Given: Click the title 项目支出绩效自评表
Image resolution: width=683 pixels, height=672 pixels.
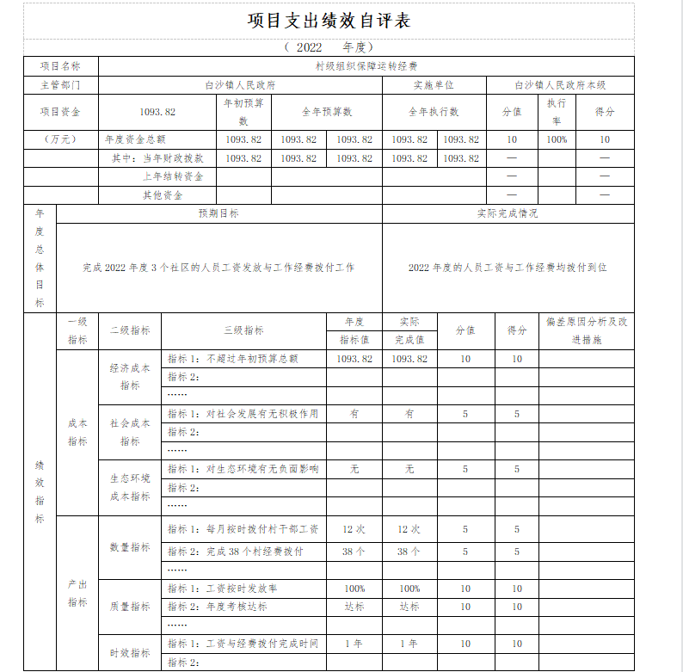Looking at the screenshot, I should [329, 21].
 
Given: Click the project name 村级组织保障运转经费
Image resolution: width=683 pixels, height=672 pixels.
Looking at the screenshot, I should [366, 65].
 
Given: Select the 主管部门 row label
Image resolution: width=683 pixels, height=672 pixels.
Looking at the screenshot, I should [60, 85].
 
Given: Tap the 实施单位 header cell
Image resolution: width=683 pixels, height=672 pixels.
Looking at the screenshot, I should [434, 85].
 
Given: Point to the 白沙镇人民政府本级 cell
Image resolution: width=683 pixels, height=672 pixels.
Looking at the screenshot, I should [560, 85].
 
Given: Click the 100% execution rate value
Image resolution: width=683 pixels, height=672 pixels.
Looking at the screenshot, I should [557, 139].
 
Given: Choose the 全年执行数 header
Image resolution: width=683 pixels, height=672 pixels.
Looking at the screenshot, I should [434, 112].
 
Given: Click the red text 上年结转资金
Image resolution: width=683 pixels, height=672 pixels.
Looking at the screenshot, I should [173, 176].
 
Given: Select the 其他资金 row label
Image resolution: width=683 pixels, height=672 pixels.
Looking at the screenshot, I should [163, 195].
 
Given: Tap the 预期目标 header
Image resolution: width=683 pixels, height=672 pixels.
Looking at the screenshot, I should [218, 213].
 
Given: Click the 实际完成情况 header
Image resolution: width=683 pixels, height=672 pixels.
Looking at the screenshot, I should [508, 213].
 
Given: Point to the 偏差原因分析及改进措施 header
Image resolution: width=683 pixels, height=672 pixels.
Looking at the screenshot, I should [587, 330].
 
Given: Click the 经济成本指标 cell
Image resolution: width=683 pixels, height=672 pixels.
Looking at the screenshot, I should [130, 376].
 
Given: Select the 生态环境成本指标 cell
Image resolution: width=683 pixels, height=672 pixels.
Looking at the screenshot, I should [130, 487].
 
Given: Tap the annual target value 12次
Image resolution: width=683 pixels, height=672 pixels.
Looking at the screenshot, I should [354, 529].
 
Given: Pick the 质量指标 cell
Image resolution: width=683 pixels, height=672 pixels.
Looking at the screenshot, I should [130, 607].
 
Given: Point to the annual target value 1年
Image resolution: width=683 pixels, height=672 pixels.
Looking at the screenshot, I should [354, 644].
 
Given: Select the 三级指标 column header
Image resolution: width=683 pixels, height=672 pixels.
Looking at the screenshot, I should [243, 330].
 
